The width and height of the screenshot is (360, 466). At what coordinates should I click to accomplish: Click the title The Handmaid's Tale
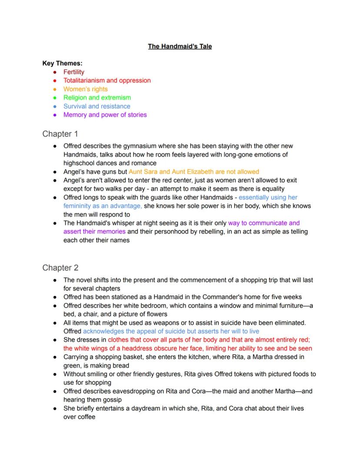click(180, 46)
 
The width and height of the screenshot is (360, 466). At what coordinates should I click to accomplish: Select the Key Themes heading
click(62, 63)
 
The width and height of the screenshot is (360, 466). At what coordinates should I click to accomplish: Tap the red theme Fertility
click(74, 72)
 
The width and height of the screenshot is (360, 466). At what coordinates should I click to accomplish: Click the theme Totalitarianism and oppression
click(107, 80)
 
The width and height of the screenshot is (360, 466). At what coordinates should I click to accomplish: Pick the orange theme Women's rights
click(85, 89)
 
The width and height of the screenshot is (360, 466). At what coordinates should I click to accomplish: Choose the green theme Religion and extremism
click(97, 97)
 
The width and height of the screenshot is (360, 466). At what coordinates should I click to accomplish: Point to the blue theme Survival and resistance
click(97, 106)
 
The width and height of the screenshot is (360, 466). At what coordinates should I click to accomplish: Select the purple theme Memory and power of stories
click(105, 115)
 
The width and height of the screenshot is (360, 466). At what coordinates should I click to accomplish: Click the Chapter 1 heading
click(60, 134)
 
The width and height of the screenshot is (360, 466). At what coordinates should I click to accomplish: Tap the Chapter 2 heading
click(60, 268)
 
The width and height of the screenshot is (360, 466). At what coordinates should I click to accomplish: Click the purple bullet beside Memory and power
click(54, 115)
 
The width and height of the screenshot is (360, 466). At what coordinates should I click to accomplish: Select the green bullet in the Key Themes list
click(54, 98)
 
